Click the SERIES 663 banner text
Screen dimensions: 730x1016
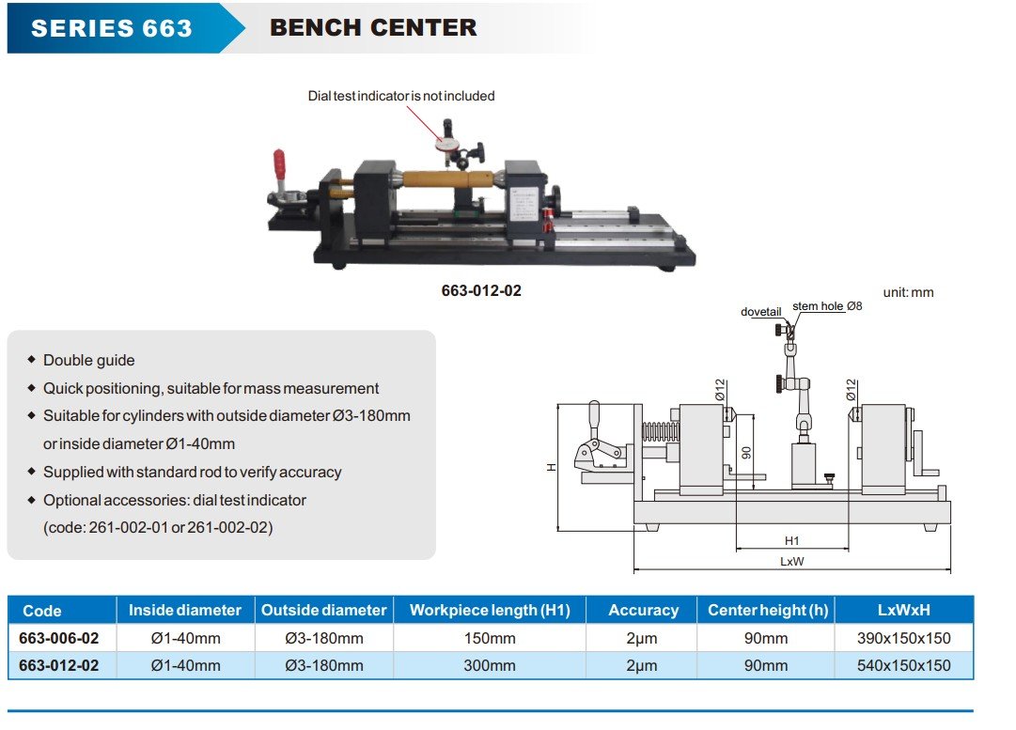point(111,28)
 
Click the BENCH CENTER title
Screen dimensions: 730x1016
point(373,28)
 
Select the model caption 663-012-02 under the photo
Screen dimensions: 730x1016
point(481,290)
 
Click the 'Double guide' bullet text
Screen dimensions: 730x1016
point(89,360)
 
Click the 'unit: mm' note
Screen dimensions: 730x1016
point(908,292)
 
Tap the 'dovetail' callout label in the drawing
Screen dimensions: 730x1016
point(760,312)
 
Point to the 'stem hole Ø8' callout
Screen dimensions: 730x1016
point(827,306)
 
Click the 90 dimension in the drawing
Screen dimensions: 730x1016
point(745,452)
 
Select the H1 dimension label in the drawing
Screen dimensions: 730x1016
point(791,541)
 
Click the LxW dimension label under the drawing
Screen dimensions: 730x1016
point(791,561)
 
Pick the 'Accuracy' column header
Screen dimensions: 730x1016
point(643,611)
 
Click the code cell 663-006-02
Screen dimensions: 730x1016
point(59,638)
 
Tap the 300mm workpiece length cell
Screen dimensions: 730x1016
point(490,665)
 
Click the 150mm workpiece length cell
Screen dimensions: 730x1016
point(490,638)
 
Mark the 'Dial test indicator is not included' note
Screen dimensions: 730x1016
point(401,96)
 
